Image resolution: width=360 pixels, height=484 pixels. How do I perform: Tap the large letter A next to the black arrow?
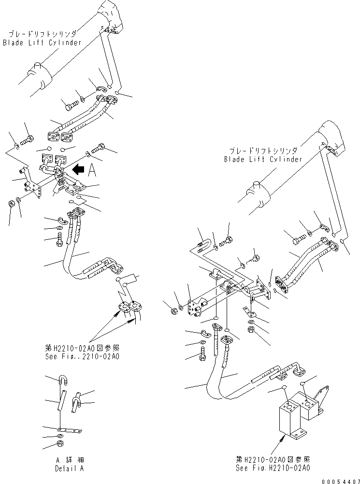92,170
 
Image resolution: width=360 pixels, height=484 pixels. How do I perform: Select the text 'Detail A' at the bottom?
70,468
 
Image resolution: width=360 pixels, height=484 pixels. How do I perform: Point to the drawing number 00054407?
341,482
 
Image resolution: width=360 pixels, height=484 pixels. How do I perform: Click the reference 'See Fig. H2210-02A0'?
273,468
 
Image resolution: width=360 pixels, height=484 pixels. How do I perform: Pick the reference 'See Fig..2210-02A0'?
82,356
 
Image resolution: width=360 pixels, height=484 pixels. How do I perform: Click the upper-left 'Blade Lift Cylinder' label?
42,43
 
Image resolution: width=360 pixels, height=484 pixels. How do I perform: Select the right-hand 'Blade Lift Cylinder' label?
263,159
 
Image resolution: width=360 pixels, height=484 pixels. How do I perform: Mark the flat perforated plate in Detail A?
70,430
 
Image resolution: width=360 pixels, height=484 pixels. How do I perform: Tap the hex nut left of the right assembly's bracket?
174,310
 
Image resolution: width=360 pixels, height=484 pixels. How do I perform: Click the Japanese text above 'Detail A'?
70,460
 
